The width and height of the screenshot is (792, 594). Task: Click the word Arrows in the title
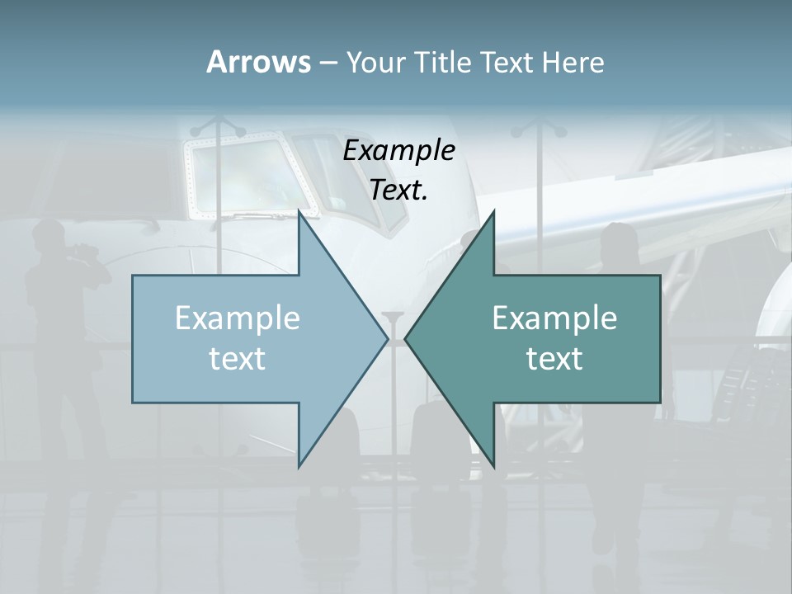point(258,62)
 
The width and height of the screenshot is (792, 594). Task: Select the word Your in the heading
point(375,62)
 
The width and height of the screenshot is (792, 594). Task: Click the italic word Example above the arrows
point(399,150)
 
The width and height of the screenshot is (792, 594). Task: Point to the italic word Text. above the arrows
point(399,190)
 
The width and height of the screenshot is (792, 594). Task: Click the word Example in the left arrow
point(238,318)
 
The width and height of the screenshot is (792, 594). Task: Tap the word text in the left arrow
point(238,358)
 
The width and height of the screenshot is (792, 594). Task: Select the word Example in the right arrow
point(554,318)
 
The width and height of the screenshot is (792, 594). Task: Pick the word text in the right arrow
point(554,358)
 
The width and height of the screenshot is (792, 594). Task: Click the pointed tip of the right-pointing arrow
point(387,338)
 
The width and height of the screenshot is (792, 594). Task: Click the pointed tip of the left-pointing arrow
point(406,338)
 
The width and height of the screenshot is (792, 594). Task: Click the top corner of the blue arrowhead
point(299,212)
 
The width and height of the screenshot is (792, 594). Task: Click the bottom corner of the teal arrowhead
point(493,465)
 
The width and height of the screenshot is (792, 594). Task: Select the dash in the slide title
point(328,63)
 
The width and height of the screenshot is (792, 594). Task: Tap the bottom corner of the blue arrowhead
point(299,465)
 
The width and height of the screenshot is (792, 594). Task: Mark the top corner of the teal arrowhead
point(493,212)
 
